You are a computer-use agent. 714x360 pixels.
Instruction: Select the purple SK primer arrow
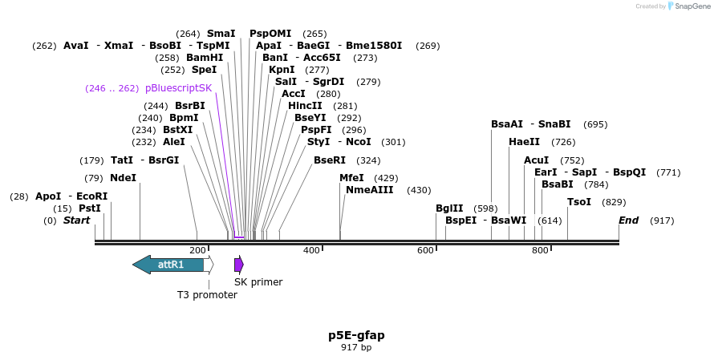pos(238,265)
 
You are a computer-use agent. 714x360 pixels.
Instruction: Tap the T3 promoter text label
pos(207,294)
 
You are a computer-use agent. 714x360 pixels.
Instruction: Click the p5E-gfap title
pos(356,334)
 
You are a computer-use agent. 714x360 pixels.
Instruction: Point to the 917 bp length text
pos(356,347)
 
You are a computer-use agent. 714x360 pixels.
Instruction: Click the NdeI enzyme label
pos(123,178)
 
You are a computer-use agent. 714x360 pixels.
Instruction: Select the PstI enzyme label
pos(89,208)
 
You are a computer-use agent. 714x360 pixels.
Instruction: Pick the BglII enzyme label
pos(449,208)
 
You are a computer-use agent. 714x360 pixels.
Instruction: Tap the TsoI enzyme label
pos(579,202)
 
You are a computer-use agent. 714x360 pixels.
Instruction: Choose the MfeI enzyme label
pos(351,178)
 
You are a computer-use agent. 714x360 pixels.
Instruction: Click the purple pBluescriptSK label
pos(179,88)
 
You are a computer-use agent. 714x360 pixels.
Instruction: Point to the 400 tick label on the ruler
pos(311,251)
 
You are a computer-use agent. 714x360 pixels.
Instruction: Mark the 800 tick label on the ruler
pos(540,251)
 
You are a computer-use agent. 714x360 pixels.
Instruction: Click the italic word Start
pos(76,220)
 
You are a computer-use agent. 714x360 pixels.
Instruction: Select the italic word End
pos(628,220)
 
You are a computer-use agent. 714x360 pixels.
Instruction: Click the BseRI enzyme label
pos(330,160)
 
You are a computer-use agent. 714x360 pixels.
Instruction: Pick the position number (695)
pos(595,124)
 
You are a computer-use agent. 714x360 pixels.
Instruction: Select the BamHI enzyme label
pos(205,58)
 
